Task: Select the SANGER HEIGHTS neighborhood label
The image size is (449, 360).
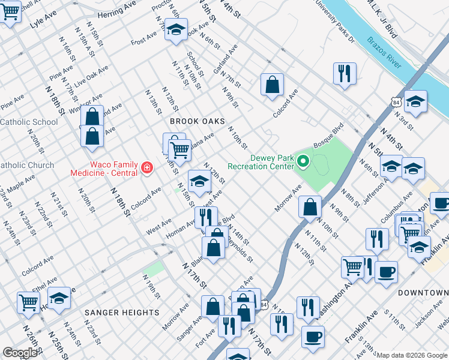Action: click(x=122, y=313)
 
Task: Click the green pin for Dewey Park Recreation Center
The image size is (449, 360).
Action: click(x=303, y=160)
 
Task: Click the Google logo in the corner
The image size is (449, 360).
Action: click(x=20, y=353)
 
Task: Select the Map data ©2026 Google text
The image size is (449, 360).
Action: click(x=412, y=355)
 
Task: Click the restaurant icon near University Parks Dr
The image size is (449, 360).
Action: click(x=345, y=74)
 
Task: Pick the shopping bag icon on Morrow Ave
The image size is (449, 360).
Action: click(x=309, y=207)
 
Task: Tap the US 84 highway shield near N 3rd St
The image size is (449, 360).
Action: click(x=395, y=103)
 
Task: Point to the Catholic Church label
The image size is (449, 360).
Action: click(x=26, y=165)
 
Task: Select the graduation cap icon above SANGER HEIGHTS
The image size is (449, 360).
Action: click(x=59, y=298)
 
